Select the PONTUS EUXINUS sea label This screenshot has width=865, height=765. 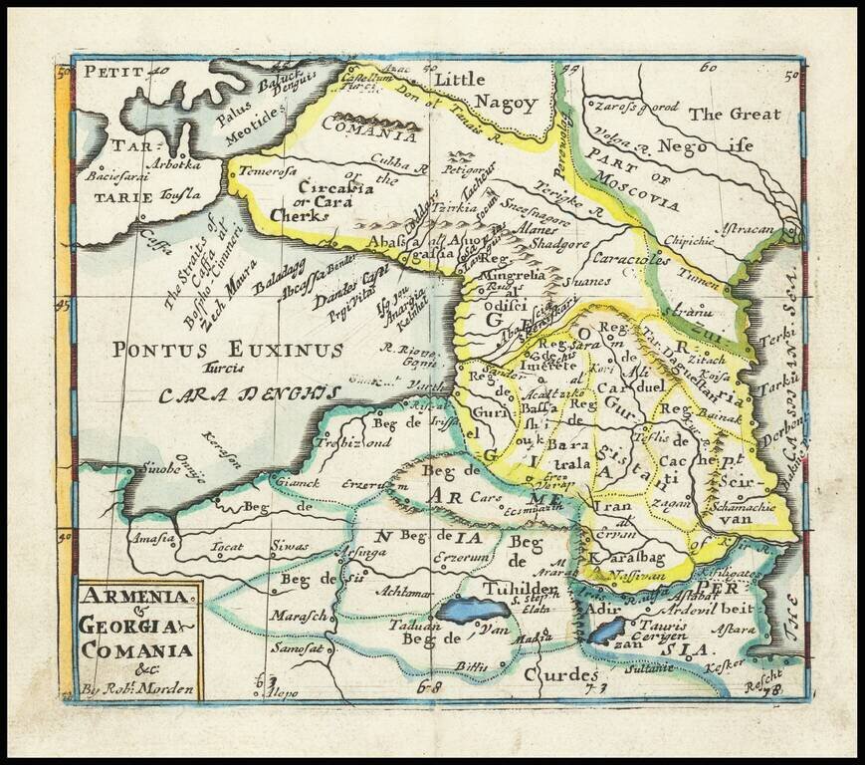[228, 350]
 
